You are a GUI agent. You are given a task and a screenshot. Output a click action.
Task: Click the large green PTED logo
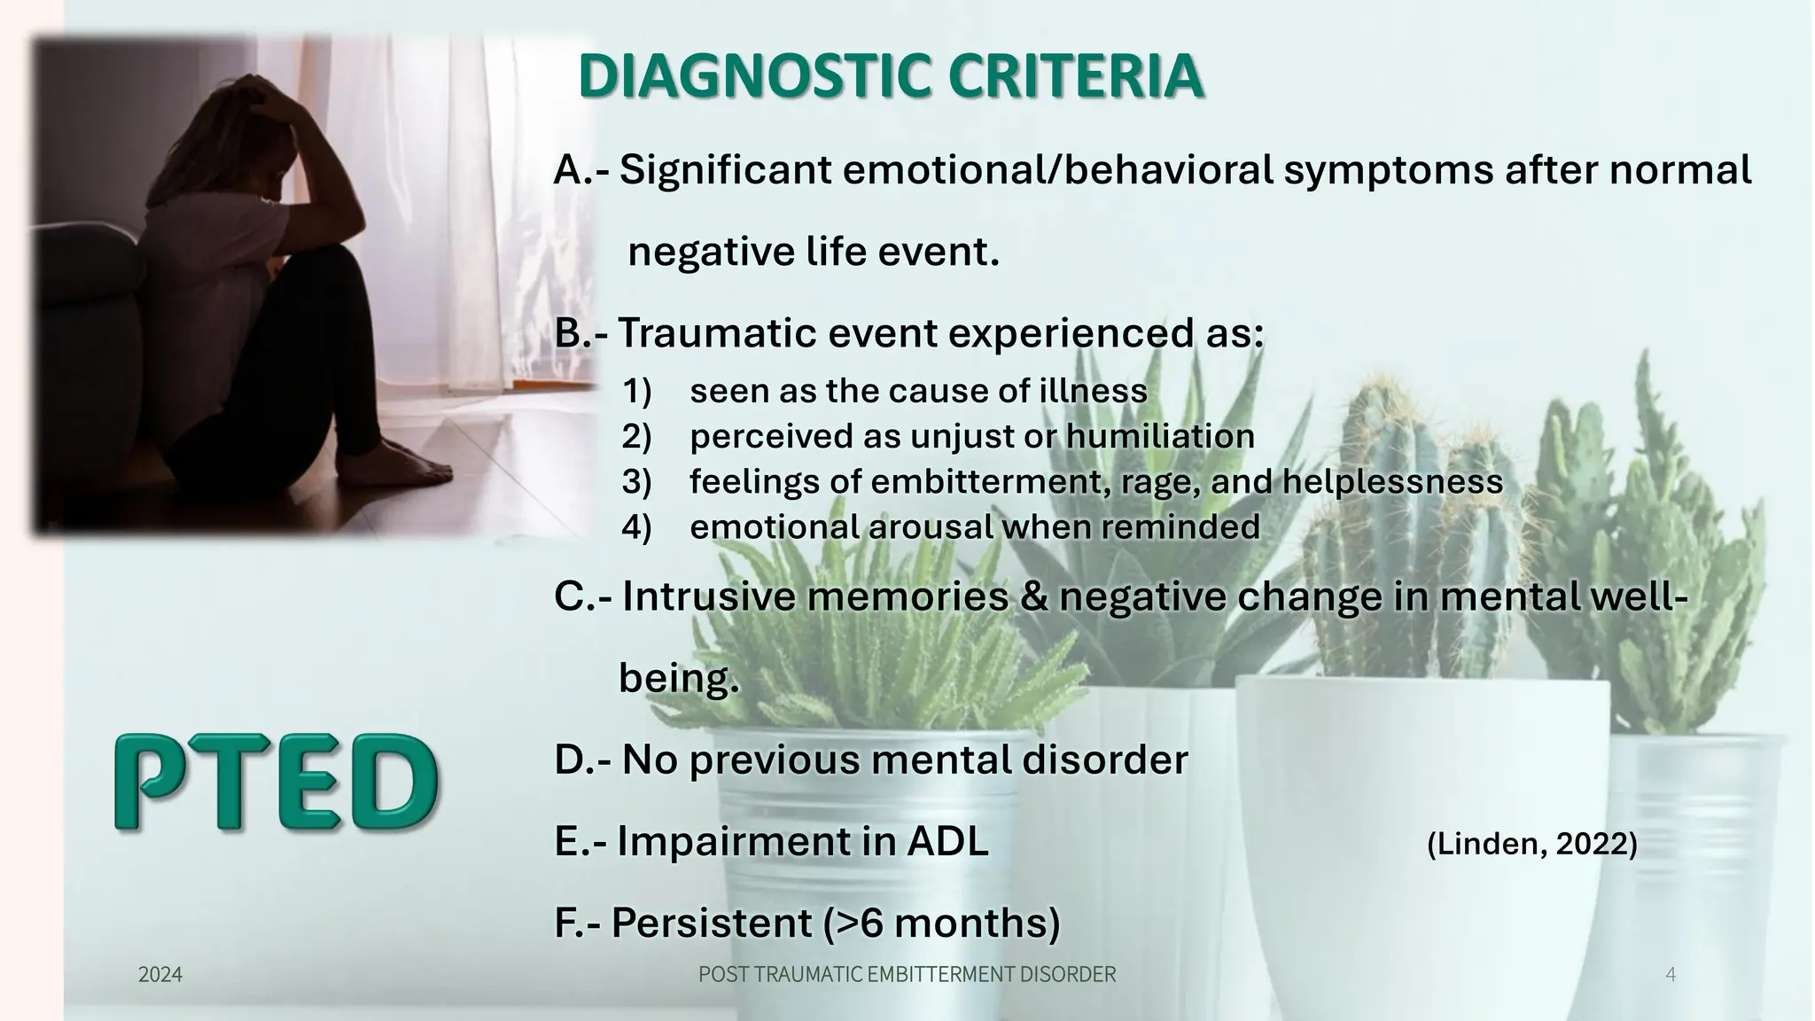[277, 783]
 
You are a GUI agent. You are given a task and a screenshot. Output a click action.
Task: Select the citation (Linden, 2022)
[1531, 844]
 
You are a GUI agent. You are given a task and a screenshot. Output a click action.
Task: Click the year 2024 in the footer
[160, 975]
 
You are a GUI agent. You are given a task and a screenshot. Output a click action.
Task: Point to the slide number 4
[1671, 975]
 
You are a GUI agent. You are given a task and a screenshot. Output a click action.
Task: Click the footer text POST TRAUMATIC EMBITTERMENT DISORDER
[907, 975]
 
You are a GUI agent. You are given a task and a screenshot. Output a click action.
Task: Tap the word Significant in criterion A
[725, 170]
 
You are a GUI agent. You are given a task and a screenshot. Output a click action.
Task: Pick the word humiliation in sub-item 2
[1160, 436]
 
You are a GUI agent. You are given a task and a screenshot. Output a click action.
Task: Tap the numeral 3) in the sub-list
[636, 481]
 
